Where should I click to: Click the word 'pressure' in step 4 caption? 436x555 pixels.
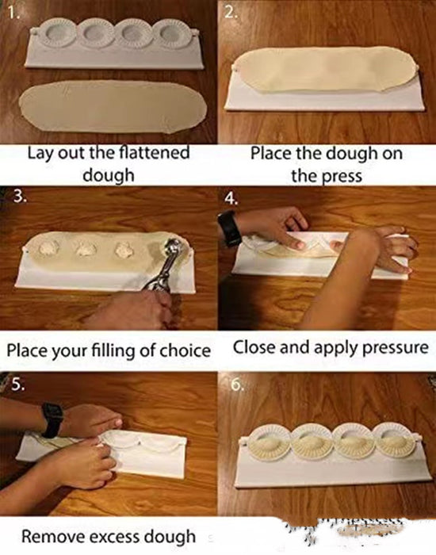pyautogui.click(x=388, y=347)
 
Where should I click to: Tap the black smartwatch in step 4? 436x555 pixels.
pyautogui.click(x=231, y=228)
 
